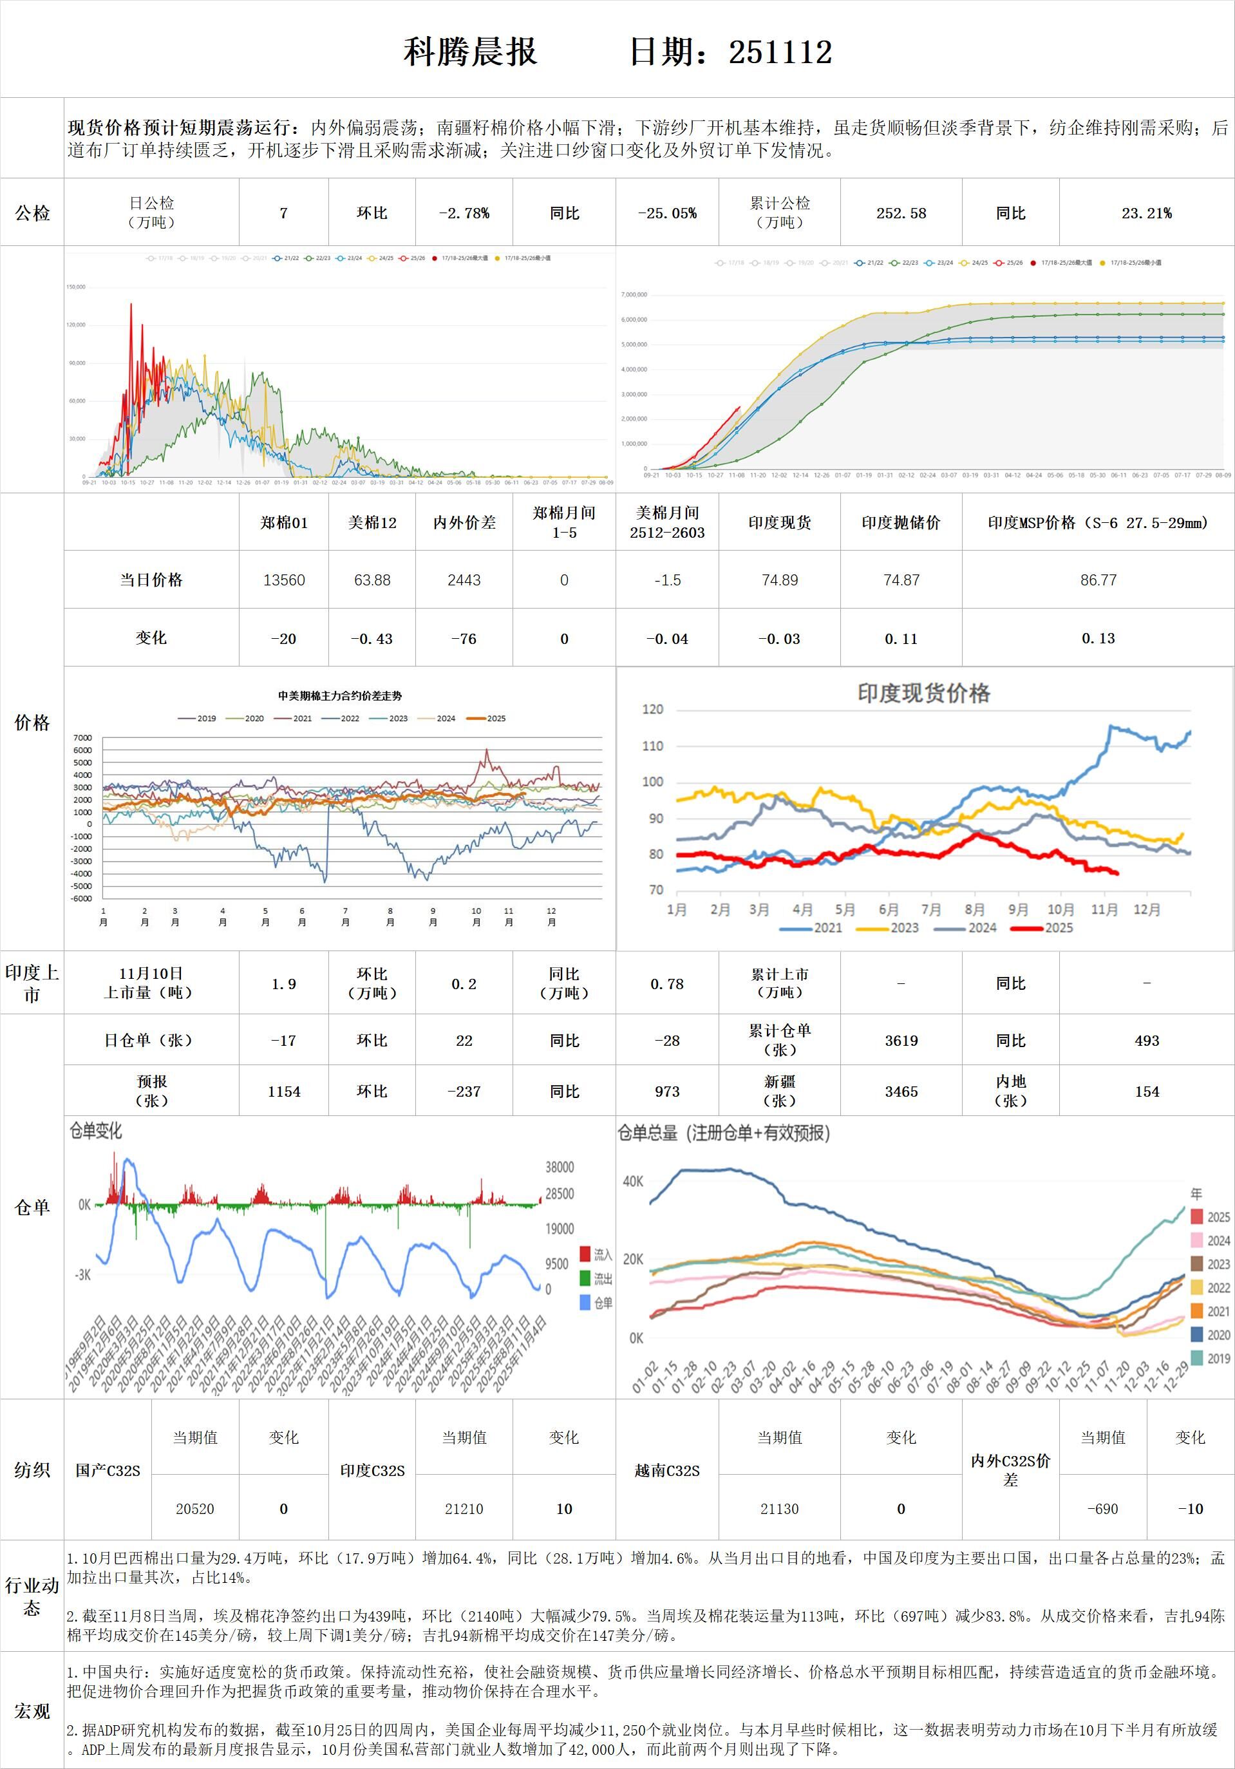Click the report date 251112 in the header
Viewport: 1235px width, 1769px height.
click(780, 52)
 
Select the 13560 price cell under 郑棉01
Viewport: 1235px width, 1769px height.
click(283, 580)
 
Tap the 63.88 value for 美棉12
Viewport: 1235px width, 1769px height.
click(372, 580)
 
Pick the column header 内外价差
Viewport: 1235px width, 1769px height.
click(464, 523)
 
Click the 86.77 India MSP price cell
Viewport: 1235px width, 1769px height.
click(1098, 580)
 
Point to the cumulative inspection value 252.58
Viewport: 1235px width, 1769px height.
click(901, 213)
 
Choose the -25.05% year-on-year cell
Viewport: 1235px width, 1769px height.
click(667, 213)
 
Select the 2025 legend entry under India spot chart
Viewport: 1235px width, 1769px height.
click(1048, 927)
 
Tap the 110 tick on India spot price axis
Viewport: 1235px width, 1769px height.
click(652, 746)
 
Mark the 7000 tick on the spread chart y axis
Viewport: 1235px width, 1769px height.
click(82, 738)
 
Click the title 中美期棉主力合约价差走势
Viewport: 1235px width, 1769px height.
click(340, 695)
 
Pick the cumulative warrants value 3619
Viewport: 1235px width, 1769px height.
click(901, 1041)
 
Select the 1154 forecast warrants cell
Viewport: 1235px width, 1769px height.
click(283, 1092)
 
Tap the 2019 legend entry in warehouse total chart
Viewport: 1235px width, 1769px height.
click(1210, 1358)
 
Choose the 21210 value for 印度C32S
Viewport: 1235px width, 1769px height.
click(464, 1509)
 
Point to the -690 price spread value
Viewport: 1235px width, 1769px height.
click(1102, 1509)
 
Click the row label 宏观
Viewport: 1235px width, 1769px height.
click(32, 1710)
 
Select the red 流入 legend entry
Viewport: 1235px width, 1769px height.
click(596, 1254)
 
